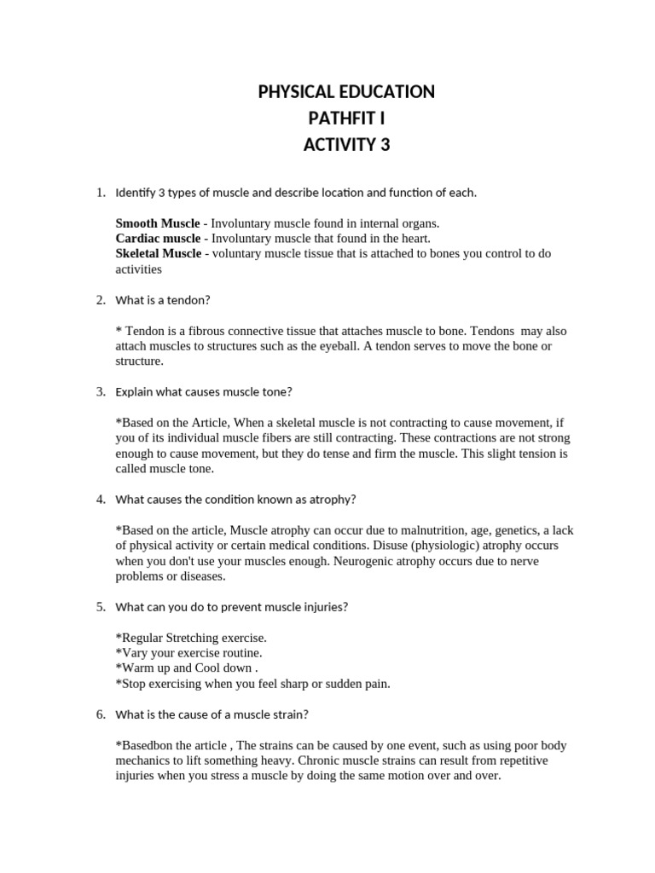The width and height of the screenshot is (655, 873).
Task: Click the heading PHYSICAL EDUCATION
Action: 346,92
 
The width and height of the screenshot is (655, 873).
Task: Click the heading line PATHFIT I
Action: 346,119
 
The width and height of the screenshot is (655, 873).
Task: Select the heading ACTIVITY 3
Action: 346,145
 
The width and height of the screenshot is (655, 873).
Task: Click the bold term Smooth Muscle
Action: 158,223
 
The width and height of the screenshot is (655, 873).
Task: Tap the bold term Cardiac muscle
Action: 158,238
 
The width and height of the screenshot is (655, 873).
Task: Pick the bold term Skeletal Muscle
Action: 159,253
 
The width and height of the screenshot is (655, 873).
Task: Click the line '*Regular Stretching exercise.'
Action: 191,638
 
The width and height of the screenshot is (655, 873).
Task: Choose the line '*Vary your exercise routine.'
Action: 188,653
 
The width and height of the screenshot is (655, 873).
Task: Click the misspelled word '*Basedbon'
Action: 144,745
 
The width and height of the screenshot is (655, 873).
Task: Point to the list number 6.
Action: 100,714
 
